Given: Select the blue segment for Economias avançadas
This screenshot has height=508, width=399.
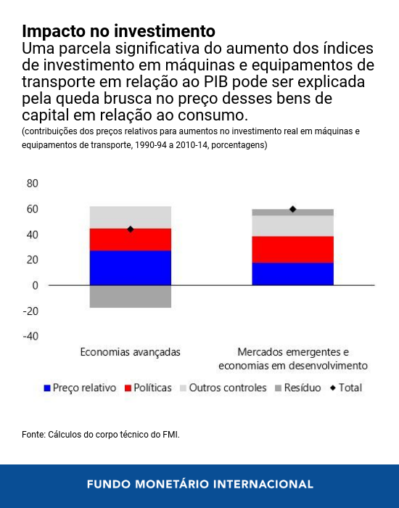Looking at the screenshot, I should click(x=131, y=268).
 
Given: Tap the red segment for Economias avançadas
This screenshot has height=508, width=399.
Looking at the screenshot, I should click(x=131, y=239).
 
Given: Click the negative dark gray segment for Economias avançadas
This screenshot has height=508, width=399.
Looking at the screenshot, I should click(x=131, y=296).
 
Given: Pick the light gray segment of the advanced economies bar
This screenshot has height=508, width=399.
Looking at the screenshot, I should click(x=131, y=217).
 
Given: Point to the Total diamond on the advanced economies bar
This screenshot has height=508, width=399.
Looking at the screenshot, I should click(x=131, y=229).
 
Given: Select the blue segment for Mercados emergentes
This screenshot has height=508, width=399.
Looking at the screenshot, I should click(x=293, y=274).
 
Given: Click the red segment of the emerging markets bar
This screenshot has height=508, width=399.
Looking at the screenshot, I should click(x=293, y=249).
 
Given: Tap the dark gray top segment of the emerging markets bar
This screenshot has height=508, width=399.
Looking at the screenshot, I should click(x=293, y=212).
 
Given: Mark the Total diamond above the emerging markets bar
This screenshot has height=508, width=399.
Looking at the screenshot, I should click(x=293, y=209).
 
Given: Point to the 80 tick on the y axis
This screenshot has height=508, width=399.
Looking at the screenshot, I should click(x=32, y=184).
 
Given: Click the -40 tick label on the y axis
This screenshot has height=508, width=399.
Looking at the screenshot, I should click(x=30, y=337).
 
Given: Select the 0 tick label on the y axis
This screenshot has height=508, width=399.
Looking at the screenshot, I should click(x=34, y=285).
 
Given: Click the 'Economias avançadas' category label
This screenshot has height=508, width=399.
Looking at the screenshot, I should click(x=131, y=352).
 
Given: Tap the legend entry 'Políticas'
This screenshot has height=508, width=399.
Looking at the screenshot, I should click(x=149, y=388).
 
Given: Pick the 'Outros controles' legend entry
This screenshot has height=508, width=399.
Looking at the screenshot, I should click(x=222, y=388).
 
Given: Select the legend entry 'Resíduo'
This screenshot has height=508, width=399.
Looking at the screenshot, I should click(x=297, y=388).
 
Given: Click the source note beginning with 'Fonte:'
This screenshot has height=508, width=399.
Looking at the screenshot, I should click(x=101, y=435).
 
